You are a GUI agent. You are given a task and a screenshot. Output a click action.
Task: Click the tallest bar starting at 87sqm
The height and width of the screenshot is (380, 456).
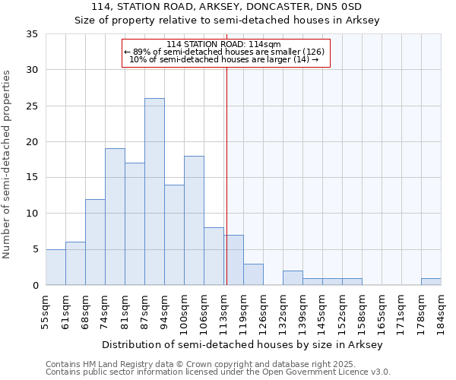(154, 192)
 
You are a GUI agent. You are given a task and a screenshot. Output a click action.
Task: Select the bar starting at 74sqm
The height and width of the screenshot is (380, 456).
(115, 217)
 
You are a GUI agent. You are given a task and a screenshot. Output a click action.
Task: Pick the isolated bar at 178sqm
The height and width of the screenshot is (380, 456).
(431, 282)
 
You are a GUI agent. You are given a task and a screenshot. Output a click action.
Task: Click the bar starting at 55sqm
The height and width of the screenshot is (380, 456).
(55, 267)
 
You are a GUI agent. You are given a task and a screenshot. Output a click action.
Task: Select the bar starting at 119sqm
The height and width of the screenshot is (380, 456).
(253, 274)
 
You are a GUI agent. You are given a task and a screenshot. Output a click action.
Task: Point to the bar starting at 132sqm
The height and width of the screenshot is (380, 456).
(293, 278)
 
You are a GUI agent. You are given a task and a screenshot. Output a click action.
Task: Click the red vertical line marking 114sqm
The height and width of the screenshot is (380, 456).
(226, 175)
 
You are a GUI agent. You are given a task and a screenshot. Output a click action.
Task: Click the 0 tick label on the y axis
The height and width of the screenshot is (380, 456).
(34, 286)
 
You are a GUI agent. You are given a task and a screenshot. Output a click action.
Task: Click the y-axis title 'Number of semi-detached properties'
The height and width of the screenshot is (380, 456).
(8, 164)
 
